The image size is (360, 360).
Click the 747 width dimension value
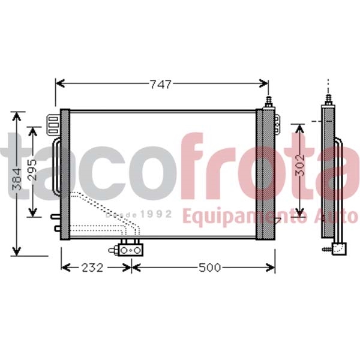click(161, 84)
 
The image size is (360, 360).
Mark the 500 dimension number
click(210, 267)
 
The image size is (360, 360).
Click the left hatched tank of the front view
click(65, 174)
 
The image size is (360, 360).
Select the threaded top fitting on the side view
click(328, 97)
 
